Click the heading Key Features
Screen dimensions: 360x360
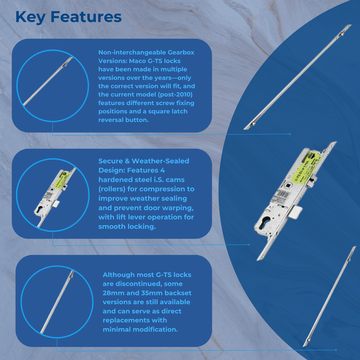click(68, 17)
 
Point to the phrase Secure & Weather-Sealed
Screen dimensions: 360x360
click(144, 161)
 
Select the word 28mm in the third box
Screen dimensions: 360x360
click(114, 293)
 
